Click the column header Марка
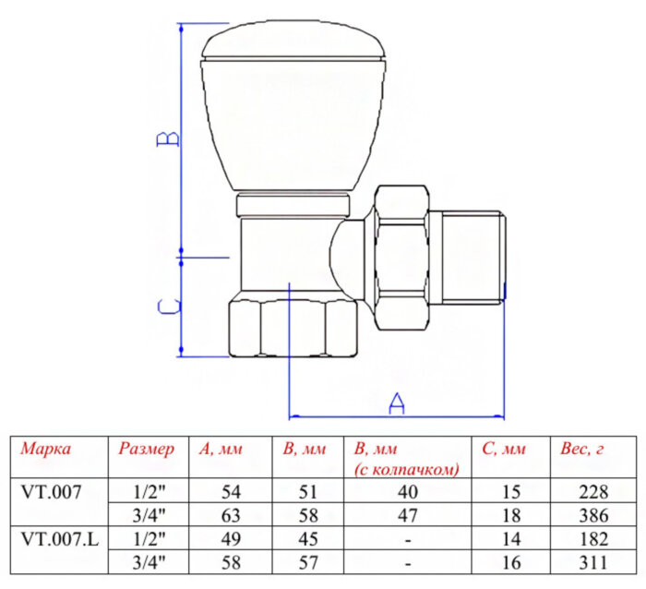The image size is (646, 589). (46, 450)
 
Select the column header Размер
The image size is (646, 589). (146, 450)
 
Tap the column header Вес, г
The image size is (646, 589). (581, 450)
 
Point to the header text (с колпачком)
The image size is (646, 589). (406, 469)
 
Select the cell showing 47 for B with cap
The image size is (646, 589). (406, 515)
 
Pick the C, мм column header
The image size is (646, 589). (504, 450)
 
